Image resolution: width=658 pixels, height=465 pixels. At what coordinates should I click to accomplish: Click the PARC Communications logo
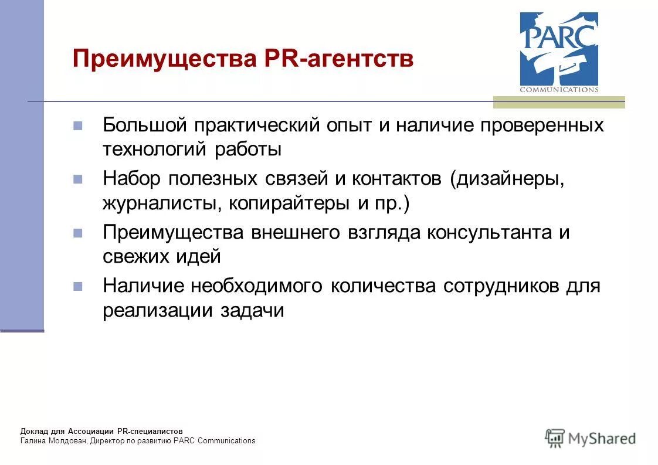(559, 52)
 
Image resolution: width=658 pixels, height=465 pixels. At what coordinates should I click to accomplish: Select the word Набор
(131, 178)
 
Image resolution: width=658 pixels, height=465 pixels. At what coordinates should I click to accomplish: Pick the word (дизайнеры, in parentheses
(508, 179)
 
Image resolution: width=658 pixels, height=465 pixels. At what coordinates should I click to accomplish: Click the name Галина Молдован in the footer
(53, 441)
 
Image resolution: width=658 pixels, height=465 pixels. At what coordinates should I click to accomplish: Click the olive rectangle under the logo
(558, 102)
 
